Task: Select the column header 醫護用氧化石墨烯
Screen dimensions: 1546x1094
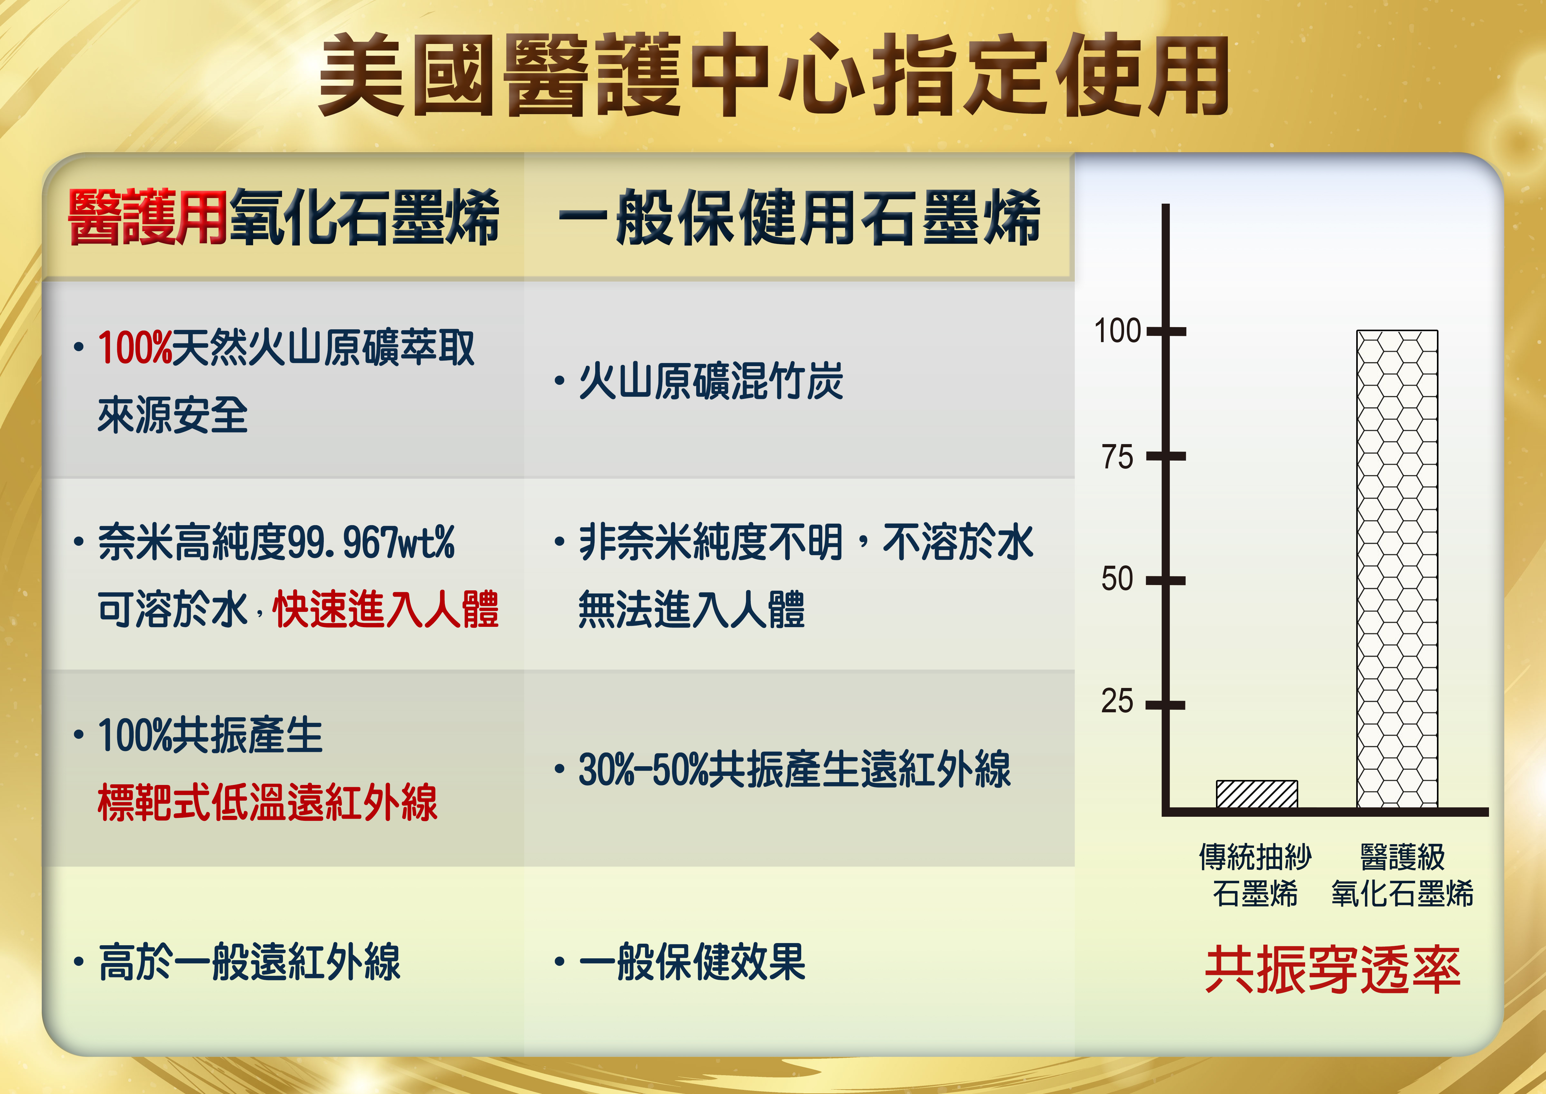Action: click(284, 217)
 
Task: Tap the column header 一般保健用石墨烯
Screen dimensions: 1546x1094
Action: click(799, 217)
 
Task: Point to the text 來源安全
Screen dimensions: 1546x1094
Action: click(173, 415)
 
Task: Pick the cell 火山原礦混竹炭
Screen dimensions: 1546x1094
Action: click(711, 381)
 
